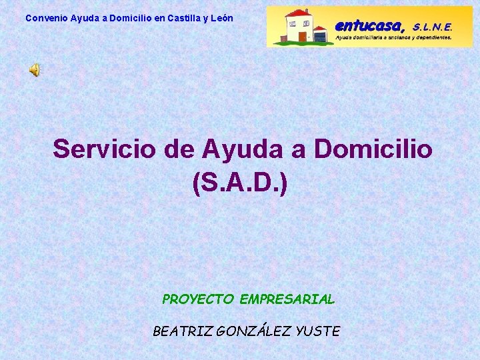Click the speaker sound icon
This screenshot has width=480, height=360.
(x=34, y=70)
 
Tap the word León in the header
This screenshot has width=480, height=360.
(x=221, y=18)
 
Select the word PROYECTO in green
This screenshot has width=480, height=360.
(x=198, y=299)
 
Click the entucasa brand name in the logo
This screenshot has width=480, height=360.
(x=369, y=26)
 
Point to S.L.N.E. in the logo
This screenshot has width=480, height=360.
(x=432, y=27)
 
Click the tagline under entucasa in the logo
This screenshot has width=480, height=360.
(x=393, y=38)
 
